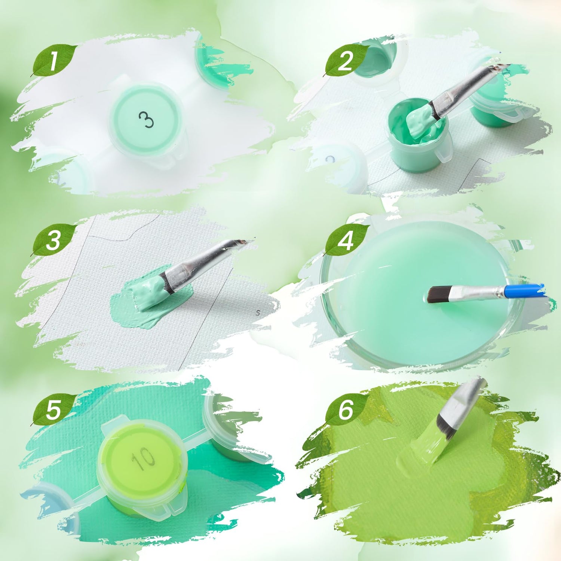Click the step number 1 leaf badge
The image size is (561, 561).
click(54, 61)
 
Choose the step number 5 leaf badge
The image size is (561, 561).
click(54, 410)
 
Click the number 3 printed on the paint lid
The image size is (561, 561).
click(146, 120)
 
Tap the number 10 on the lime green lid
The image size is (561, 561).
click(143, 458)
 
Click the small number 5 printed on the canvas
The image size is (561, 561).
click(258, 312)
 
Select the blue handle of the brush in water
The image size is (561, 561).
click(524, 291)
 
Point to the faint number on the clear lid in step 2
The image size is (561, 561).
click(329, 160)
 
